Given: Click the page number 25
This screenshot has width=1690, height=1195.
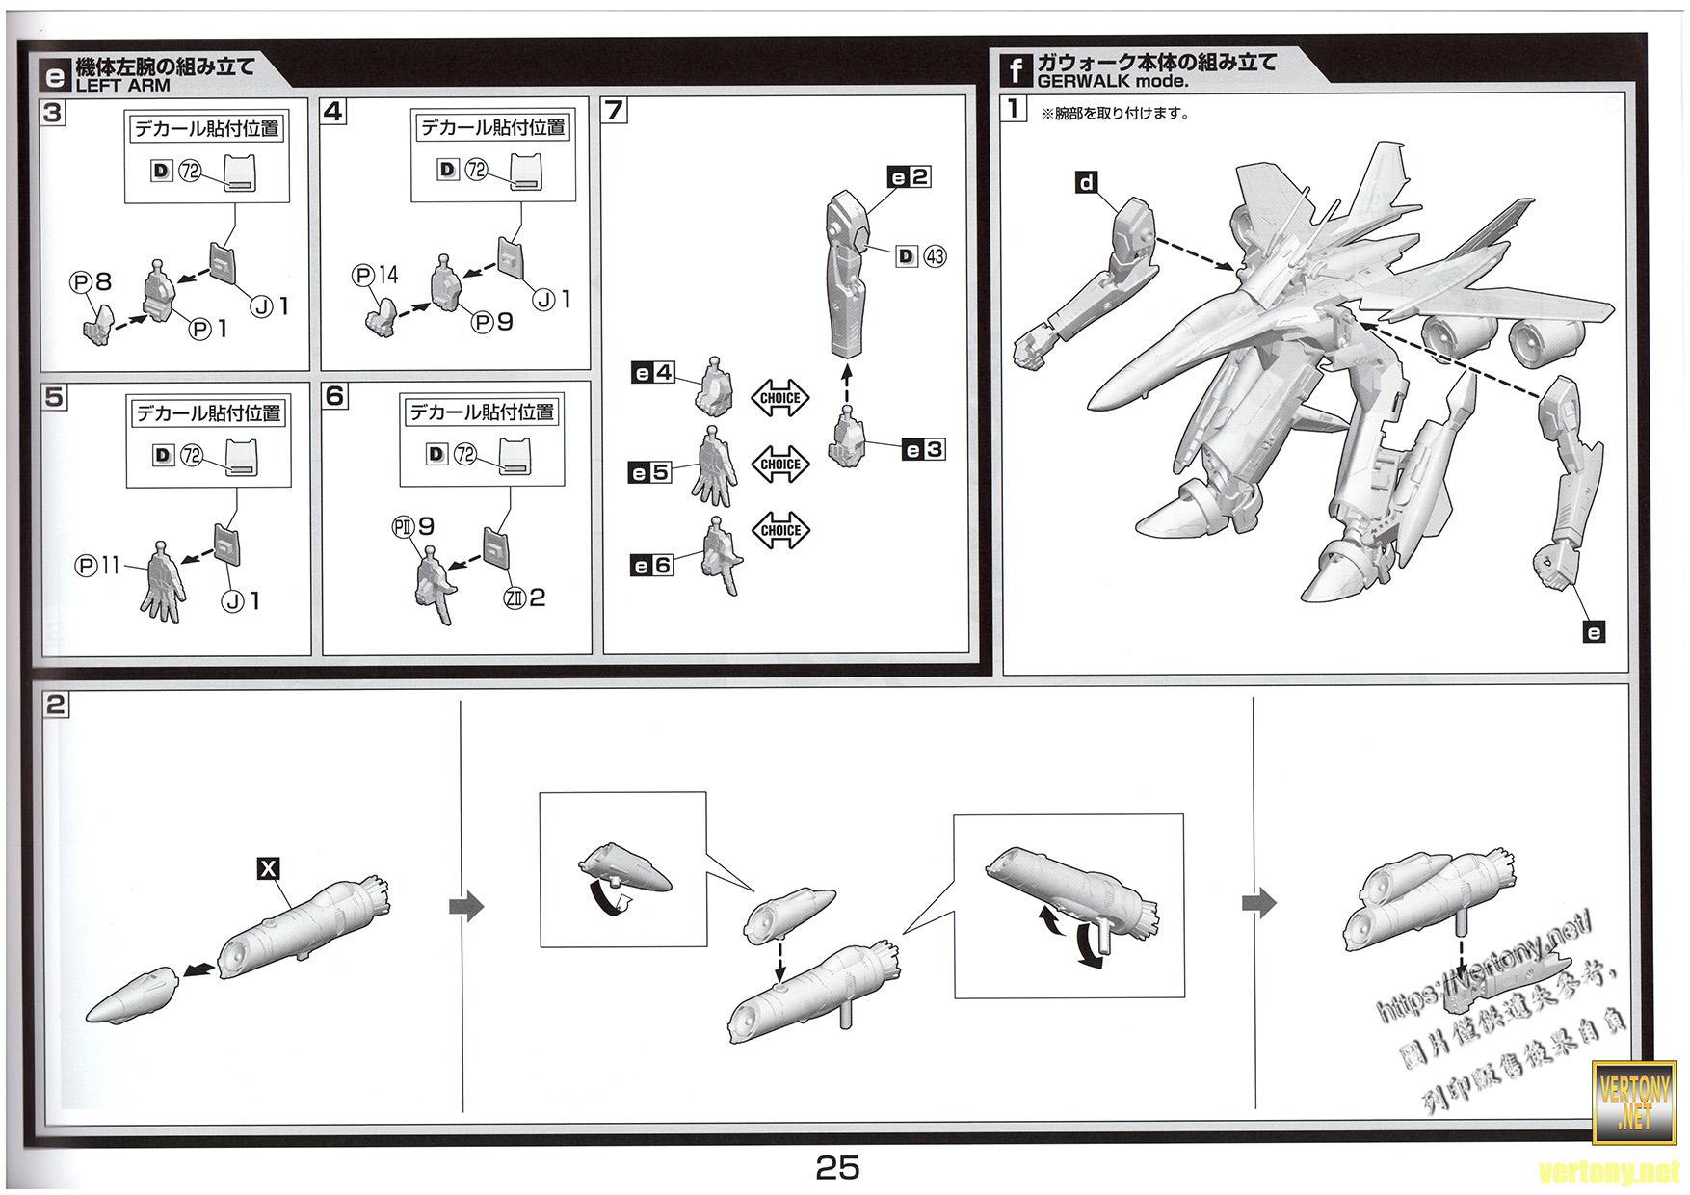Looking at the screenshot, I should click(x=837, y=1167).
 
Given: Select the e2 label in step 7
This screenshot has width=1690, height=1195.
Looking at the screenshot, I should click(x=909, y=176).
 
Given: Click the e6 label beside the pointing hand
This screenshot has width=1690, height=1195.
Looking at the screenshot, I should click(x=651, y=566).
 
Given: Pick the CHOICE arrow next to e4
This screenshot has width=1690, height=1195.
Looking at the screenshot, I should click(x=780, y=398).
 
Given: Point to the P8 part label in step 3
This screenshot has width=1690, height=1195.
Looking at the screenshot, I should click(x=91, y=281).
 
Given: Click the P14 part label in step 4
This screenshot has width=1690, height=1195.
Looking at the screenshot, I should click(x=376, y=276).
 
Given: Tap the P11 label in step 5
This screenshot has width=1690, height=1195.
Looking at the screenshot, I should click(x=98, y=566).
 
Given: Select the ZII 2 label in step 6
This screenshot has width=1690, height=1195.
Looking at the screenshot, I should click(x=524, y=597).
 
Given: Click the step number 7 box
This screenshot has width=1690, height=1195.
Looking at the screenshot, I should click(x=614, y=110).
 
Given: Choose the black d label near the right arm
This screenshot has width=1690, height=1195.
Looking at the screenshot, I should click(x=1087, y=182).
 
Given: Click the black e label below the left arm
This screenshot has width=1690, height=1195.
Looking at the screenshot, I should click(x=1594, y=632).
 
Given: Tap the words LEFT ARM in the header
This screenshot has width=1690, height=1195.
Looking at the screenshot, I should click(x=122, y=85).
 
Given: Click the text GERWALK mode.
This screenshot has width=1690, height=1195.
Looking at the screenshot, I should click(x=1113, y=82).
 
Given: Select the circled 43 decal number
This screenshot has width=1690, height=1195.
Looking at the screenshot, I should click(x=935, y=256).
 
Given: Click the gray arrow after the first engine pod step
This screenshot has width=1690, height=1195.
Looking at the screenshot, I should click(x=467, y=907).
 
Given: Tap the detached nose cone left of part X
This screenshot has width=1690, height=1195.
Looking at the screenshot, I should click(x=131, y=994).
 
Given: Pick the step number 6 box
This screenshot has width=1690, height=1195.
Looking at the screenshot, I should click(x=334, y=395).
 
